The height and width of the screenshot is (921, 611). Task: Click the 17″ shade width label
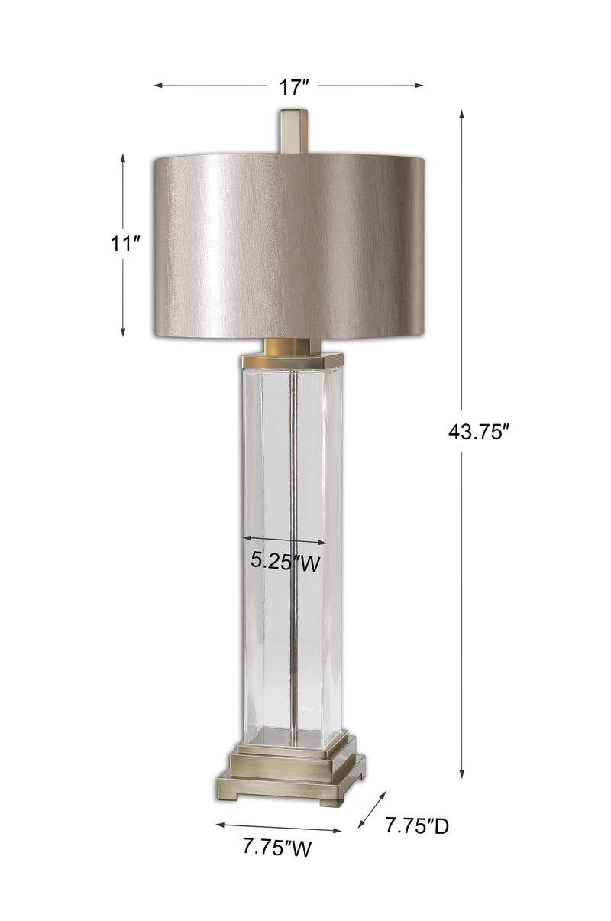[x=293, y=87]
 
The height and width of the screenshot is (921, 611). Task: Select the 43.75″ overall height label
[x=479, y=433]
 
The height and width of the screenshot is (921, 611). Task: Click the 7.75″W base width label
[x=276, y=848]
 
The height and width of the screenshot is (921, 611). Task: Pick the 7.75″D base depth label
[x=416, y=825]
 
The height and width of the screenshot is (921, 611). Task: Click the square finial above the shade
[x=293, y=131]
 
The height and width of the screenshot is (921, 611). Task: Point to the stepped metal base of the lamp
[x=291, y=772]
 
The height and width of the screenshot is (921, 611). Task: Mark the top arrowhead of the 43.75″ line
[x=461, y=115]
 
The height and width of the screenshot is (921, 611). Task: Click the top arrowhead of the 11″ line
[x=123, y=157]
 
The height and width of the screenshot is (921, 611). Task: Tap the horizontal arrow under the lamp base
[x=279, y=827]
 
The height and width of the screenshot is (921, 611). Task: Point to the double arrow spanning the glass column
[x=284, y=540]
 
